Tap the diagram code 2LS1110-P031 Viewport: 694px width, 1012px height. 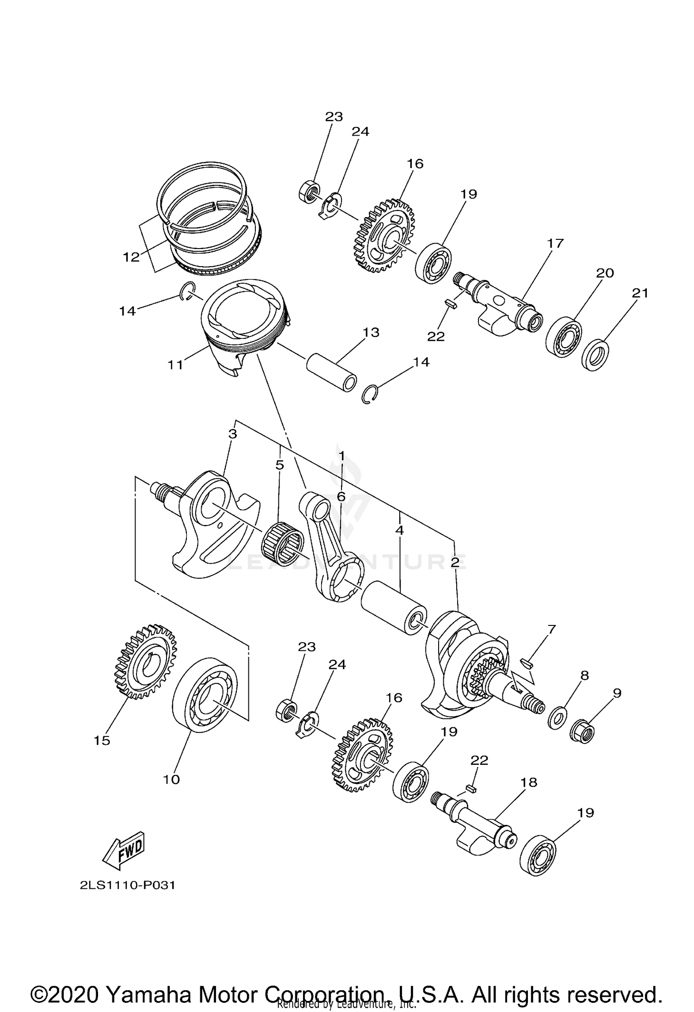point(127,885)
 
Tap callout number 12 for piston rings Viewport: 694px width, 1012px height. point(131,256)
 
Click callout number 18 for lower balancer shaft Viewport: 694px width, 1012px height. point(529,782)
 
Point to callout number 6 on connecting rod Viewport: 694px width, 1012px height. point(341,497)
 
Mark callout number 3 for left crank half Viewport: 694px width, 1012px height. point(233,434)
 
